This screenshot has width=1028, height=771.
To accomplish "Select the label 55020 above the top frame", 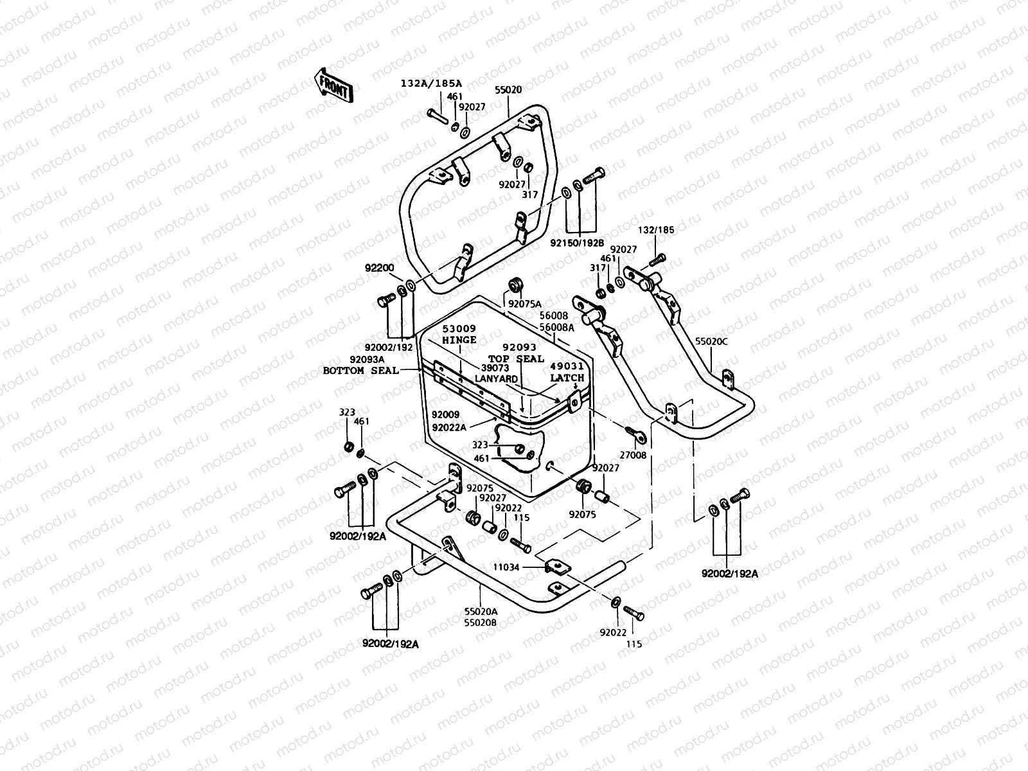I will tap(508, 91).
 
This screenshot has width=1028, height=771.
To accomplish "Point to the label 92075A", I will tap(525, 304).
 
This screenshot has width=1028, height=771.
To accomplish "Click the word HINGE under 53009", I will tap(459, 340).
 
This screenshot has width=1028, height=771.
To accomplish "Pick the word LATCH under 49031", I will tap(567, 378).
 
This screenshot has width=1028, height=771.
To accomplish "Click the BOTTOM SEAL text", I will tap(360, 371).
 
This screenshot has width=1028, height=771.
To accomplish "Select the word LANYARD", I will tap(496, 379).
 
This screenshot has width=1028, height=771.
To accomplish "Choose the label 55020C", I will tap(711, 341).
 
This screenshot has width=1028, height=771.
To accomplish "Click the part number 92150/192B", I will tap(578, 243).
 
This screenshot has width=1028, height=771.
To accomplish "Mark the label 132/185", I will tap(656, 229).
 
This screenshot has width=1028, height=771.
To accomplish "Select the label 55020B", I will tap(481, 623).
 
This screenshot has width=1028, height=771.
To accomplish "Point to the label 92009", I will tap(445, 415).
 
